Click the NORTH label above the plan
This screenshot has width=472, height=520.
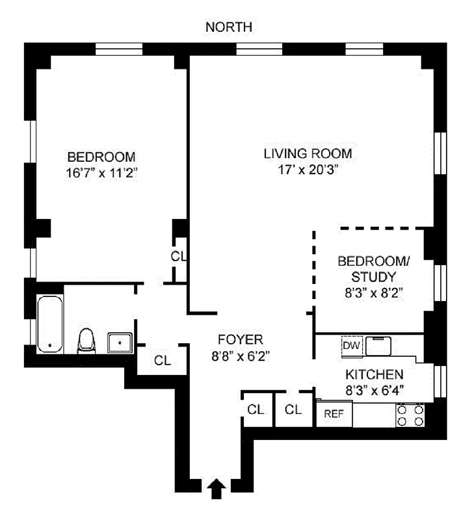coord(228,27)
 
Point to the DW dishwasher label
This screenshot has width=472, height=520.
coord(351,345)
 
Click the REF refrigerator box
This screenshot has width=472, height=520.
coord(334,413)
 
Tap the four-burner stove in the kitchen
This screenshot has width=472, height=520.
coord(410,415)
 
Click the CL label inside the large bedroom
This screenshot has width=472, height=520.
coord(178,256)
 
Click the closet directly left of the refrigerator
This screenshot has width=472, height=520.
coord(293,410)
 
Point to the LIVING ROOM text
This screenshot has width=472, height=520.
coord(308,154)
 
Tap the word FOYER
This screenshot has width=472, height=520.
coord(240,339)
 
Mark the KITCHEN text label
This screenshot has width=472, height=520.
coord(374,374)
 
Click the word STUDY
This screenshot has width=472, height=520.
coord(373,277)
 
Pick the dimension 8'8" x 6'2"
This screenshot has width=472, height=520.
coord(240,356)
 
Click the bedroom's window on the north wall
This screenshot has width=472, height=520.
coord(119,49)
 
